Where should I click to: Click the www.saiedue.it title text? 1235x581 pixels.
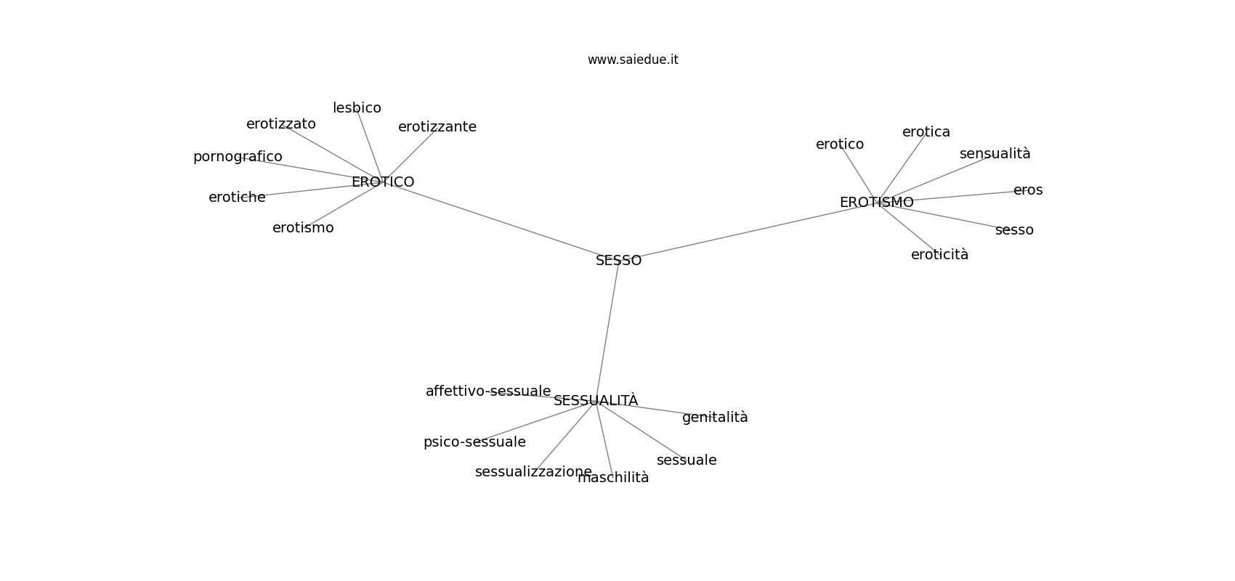(x=633, y=60)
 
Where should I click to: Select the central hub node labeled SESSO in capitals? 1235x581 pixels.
(x=619, y=261)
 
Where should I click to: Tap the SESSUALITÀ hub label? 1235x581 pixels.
(x=596, y=400)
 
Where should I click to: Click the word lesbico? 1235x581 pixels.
(x=357, y=108)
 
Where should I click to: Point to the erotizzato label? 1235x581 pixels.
(x=281, y=124)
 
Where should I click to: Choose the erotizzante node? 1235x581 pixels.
(x=437, y=127)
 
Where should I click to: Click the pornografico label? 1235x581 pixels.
(x=238, y=157)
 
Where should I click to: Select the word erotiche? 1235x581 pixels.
(x=237, y=198)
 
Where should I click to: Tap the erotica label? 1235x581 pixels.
(x=926, y=132)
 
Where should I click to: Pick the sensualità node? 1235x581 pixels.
(x=995, y=154)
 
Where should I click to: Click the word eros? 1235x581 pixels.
(x=1028, y=190)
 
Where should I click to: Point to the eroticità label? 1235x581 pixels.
(x=940, y=255)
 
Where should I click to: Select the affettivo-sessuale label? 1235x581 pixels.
(x=488, y=391)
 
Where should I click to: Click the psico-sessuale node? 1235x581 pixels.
(x=474, y=442)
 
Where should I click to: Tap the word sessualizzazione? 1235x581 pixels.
(x=534, y=472)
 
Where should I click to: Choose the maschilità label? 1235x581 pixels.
(x=614, y=478)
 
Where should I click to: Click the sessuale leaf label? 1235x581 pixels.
(x=687, y=460)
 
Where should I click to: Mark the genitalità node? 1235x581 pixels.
(x=715, y=418)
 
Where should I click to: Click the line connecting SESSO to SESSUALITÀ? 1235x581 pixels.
(x=607, y=330)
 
